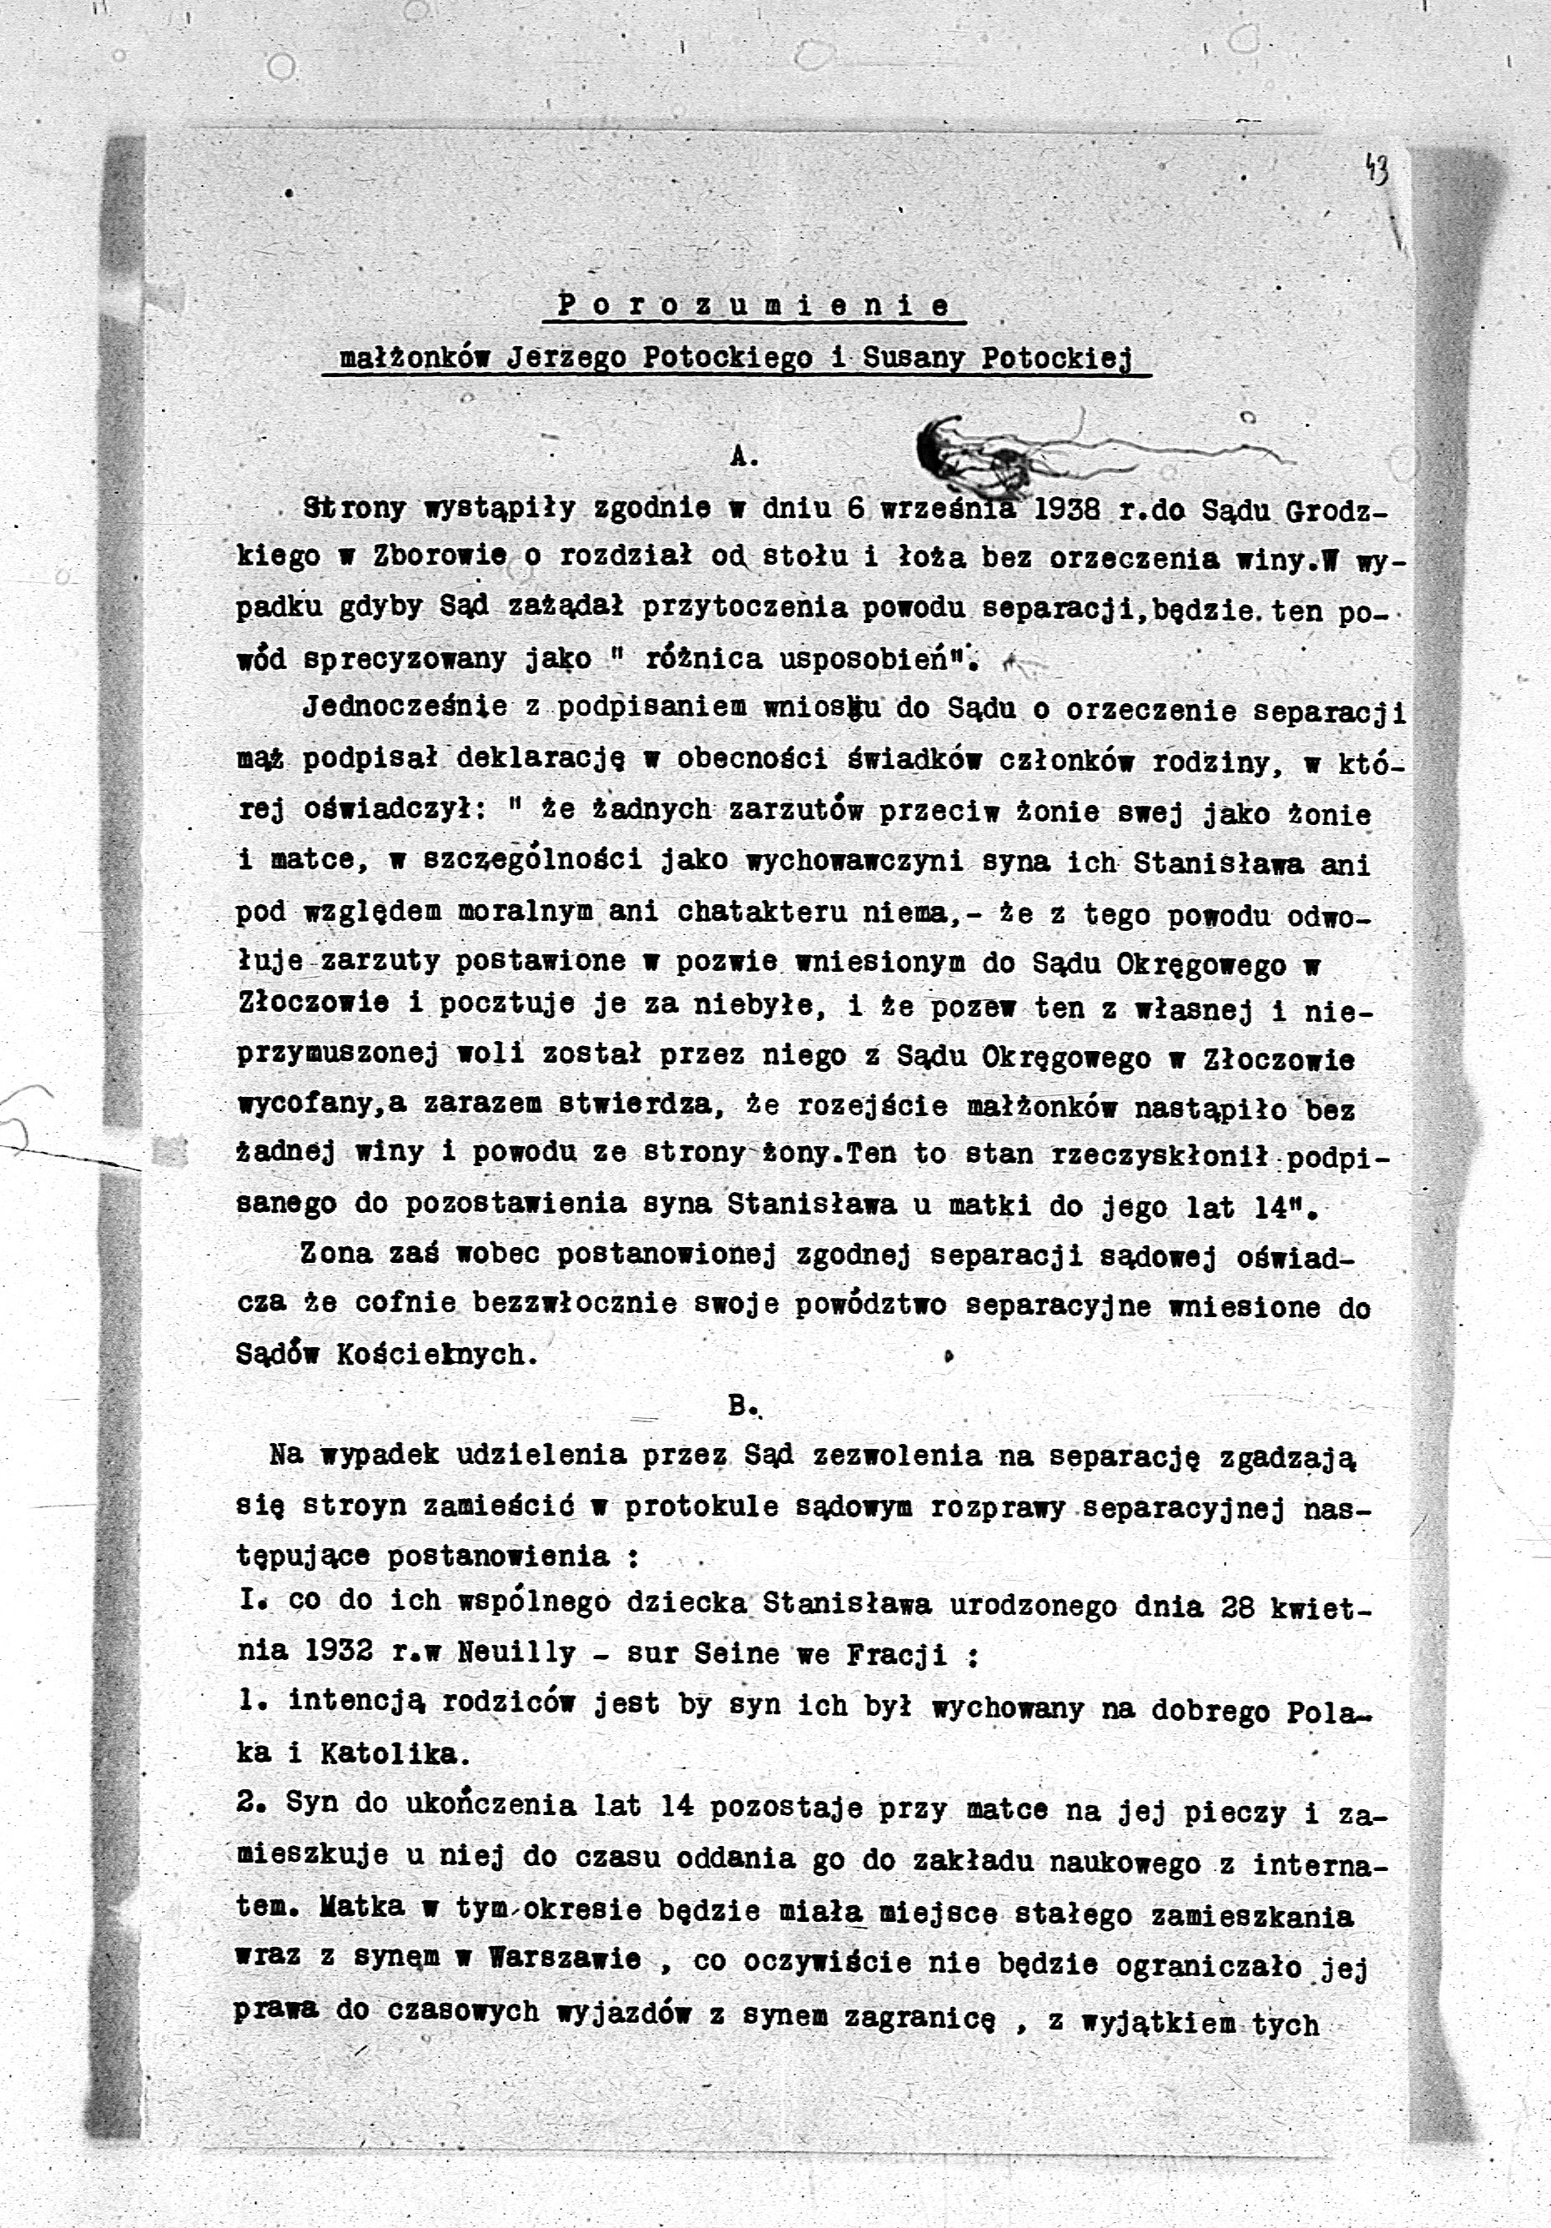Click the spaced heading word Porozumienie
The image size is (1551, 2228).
753,305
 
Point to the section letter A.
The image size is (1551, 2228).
743,457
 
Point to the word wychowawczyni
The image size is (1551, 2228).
854,862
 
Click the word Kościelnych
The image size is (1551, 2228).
436,1355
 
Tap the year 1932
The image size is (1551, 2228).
339,1652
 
